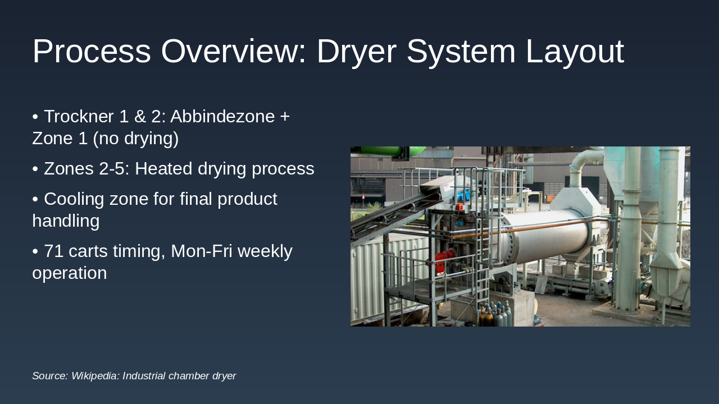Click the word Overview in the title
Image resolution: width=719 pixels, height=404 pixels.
click(x=233, y=51)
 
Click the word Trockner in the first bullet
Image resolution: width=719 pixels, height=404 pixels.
click(x=79, y=116)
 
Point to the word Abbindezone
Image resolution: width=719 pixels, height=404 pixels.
click(x=222, y=116)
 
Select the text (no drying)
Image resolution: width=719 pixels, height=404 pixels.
click(x=135, y=139)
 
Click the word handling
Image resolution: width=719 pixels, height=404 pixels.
click(x=66, y=221)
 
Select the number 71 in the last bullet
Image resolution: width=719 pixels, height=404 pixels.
click(x=53, y=251)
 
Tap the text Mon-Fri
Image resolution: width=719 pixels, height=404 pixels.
click(x=202, y=251)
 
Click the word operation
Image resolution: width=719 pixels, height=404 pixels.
click(x=69, y=273)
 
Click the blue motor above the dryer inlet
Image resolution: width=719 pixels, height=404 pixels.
click(x=464, y=194)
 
